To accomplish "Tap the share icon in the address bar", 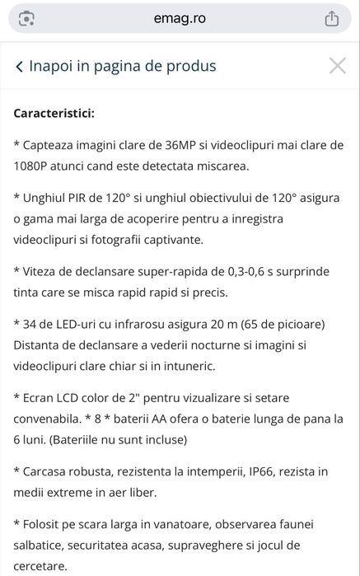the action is [332, 18].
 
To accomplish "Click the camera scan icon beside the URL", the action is [27, 18].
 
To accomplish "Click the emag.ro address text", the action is [180, 18].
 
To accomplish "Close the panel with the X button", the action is [337, 66].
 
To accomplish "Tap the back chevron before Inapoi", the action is [19, 67].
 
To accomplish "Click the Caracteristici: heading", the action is [54, 112].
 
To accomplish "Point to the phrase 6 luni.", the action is [32, 439].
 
